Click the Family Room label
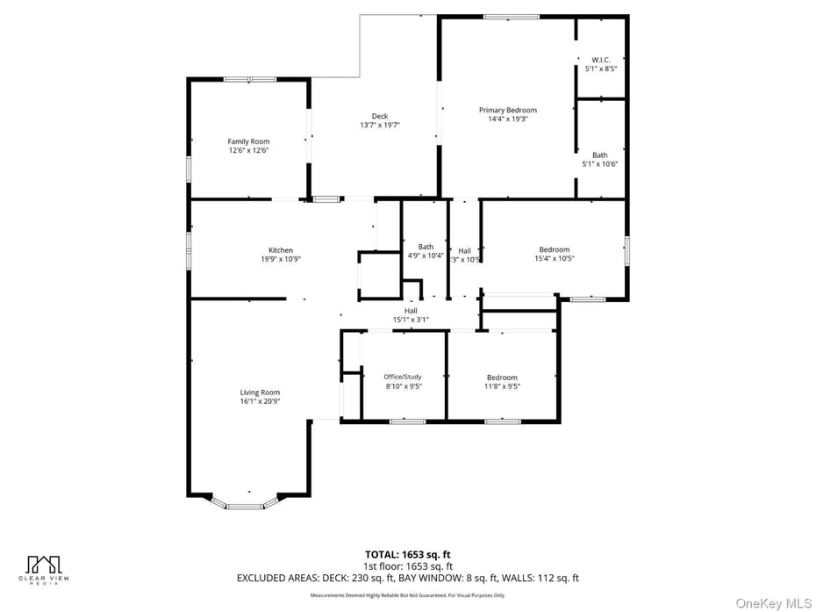point(248,141)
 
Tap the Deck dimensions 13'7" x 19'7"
point(379,126)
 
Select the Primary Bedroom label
point(507,110)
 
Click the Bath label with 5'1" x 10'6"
point(599,155)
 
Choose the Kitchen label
point(281,250)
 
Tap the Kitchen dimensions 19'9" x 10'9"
point(281,260)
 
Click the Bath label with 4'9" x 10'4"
point(426,247)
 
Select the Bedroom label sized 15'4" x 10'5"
point(554,249)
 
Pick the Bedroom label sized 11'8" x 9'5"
point(502,378)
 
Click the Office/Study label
point(403,377)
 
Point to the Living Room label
point(260,392)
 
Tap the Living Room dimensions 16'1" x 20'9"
point(260,402)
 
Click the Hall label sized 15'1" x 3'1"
point(411,311)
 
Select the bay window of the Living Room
point(246,504)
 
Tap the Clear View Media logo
point(43,568)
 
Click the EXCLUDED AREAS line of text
point(407,578)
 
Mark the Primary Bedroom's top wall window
point(511,17)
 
